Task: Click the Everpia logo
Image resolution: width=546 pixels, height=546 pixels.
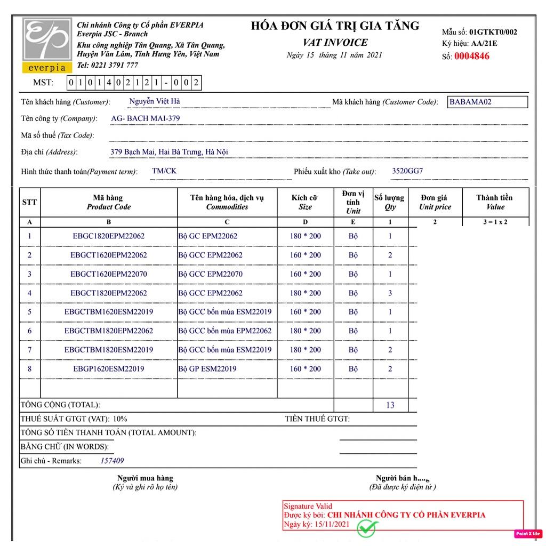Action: pos(47,45)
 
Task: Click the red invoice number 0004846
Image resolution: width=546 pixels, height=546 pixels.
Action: pos(471,56)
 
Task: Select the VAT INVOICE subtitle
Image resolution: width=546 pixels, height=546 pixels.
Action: pos(335,43)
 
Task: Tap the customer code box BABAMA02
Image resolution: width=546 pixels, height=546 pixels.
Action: pos(487,102)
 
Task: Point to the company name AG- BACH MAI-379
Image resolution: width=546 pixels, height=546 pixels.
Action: pos(145,118)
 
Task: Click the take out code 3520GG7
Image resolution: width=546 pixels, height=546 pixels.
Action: pos(407,171)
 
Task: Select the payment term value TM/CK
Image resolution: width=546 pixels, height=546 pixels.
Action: pos(164,171)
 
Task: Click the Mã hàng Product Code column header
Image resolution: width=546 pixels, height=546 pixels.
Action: pos(109,203)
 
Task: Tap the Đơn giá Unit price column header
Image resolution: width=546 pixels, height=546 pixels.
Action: pos(435,203)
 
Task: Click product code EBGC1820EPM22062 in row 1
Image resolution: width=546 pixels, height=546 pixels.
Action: pos(109,236)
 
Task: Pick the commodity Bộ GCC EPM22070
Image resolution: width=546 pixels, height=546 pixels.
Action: pos(210,274)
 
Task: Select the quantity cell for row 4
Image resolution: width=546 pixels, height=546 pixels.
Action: pos(390,293)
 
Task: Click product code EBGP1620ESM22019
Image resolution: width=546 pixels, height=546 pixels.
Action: pos(109,368)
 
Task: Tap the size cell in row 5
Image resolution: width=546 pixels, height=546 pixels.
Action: pos(305,312)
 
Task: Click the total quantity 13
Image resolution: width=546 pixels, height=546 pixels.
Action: pos(390,405)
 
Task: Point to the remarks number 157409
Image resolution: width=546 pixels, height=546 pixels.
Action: pos(112,461)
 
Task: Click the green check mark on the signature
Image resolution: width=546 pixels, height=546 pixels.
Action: pos(367,528)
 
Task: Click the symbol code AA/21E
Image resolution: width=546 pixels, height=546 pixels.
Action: pos(484,44)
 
